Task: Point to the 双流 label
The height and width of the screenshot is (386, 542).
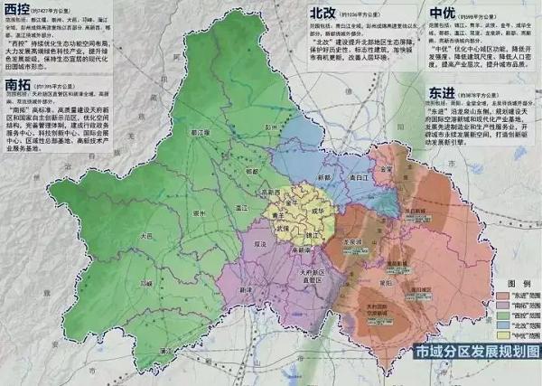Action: [259, 244]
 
